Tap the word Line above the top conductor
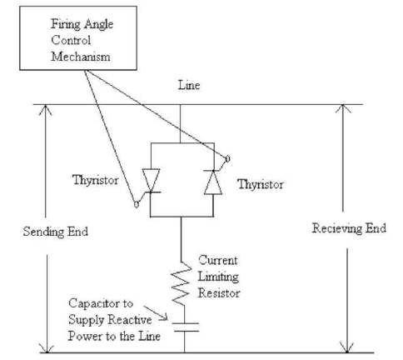pyautogui.click(x=189, y=85)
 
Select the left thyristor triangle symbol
pyautogui.click(x=151, y=180)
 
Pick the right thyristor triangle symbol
pyautogui.click(x=213, y=182)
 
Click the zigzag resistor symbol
pyautogui.click(x=181, y=283)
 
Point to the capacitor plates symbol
pyautogui.click(x=185, y=327)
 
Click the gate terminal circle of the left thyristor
pyautogui.click(x=137, y=204)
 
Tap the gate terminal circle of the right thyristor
pyautogui.click(x=227, y=159)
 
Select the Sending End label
pyautogui.click(x=56, y=232)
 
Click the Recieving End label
pyautogui.click(x=349, y=228)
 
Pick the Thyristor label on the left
pyautogui.click(x=96, y=180)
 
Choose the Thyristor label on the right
pyautogui.click(x=261, y=184)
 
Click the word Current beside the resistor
pyautogui.click(x=218, y=260)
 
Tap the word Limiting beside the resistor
pyautogui.click(x=218, y=277)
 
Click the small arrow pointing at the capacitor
pyautogui.click(x=156, y=313)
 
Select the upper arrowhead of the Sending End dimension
pyautogui.click(x=45, y=111)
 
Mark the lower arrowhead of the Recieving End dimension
pyautogui.click(x=347, y=347)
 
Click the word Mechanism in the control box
pyautogui.click(x=81, y=57)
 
